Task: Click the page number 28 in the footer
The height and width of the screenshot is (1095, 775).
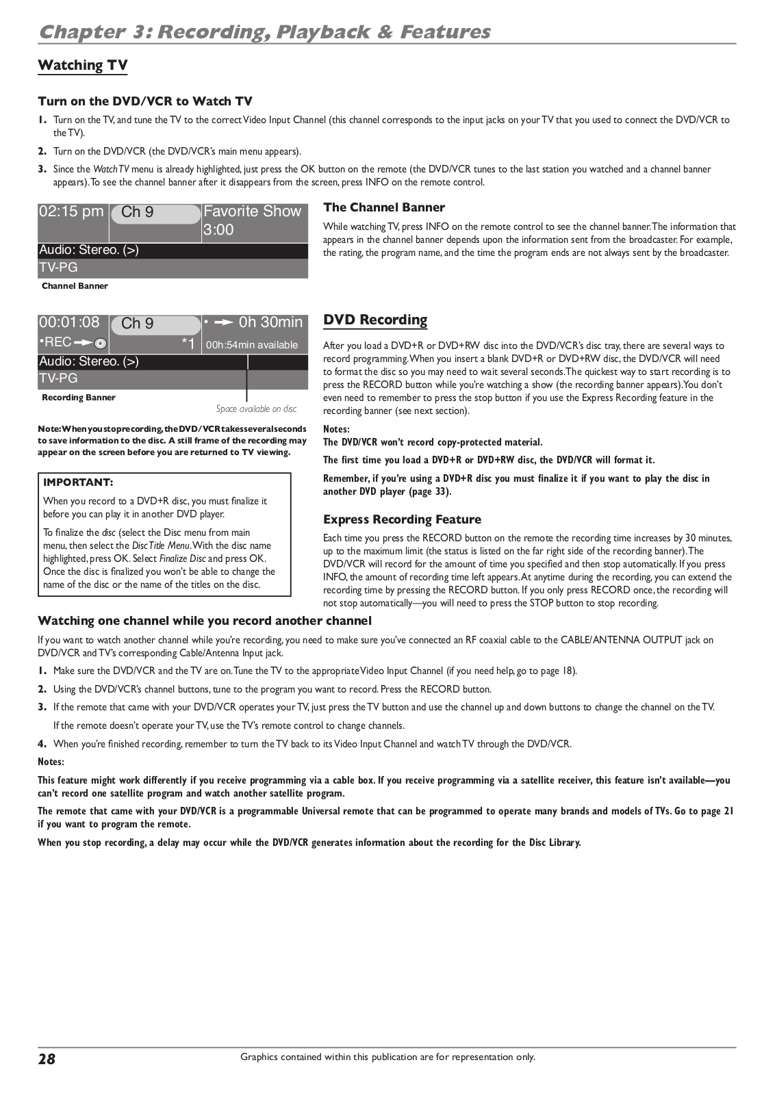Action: click(47, 1059)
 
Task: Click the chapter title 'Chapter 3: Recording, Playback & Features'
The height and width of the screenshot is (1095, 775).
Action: click(264, 32)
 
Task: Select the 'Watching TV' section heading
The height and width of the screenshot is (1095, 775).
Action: click(82, 66)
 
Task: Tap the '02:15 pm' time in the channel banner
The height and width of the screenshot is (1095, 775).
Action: click(71, 211)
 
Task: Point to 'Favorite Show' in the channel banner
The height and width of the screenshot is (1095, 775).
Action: click(252, 211)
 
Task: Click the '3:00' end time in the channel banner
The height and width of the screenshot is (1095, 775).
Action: click(218, 230)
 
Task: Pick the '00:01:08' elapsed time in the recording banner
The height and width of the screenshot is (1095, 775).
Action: click(69, 322)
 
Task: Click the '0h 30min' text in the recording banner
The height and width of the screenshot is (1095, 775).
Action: click(270, 322)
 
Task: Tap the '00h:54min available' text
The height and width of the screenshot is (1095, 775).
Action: click(252, 345)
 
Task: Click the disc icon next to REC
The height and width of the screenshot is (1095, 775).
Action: click(100, 343)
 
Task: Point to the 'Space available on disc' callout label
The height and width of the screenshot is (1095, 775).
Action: click(257, 409)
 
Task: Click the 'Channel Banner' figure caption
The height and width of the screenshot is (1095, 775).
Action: click(75, 286)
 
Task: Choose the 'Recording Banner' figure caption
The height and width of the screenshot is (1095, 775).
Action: click(79, 398)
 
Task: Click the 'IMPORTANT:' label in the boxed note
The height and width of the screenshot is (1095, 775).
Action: click(78, 482)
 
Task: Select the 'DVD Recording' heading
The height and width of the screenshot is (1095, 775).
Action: click(375, 320)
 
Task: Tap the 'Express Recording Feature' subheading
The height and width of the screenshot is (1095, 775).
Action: click(402, 519)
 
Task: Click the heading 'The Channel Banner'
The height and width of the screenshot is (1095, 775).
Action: click(384, 207)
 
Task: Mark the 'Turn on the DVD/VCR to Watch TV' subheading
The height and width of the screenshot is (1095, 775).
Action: click(145, 101)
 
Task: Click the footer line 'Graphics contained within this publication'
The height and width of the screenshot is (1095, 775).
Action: click(387, 1057)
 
